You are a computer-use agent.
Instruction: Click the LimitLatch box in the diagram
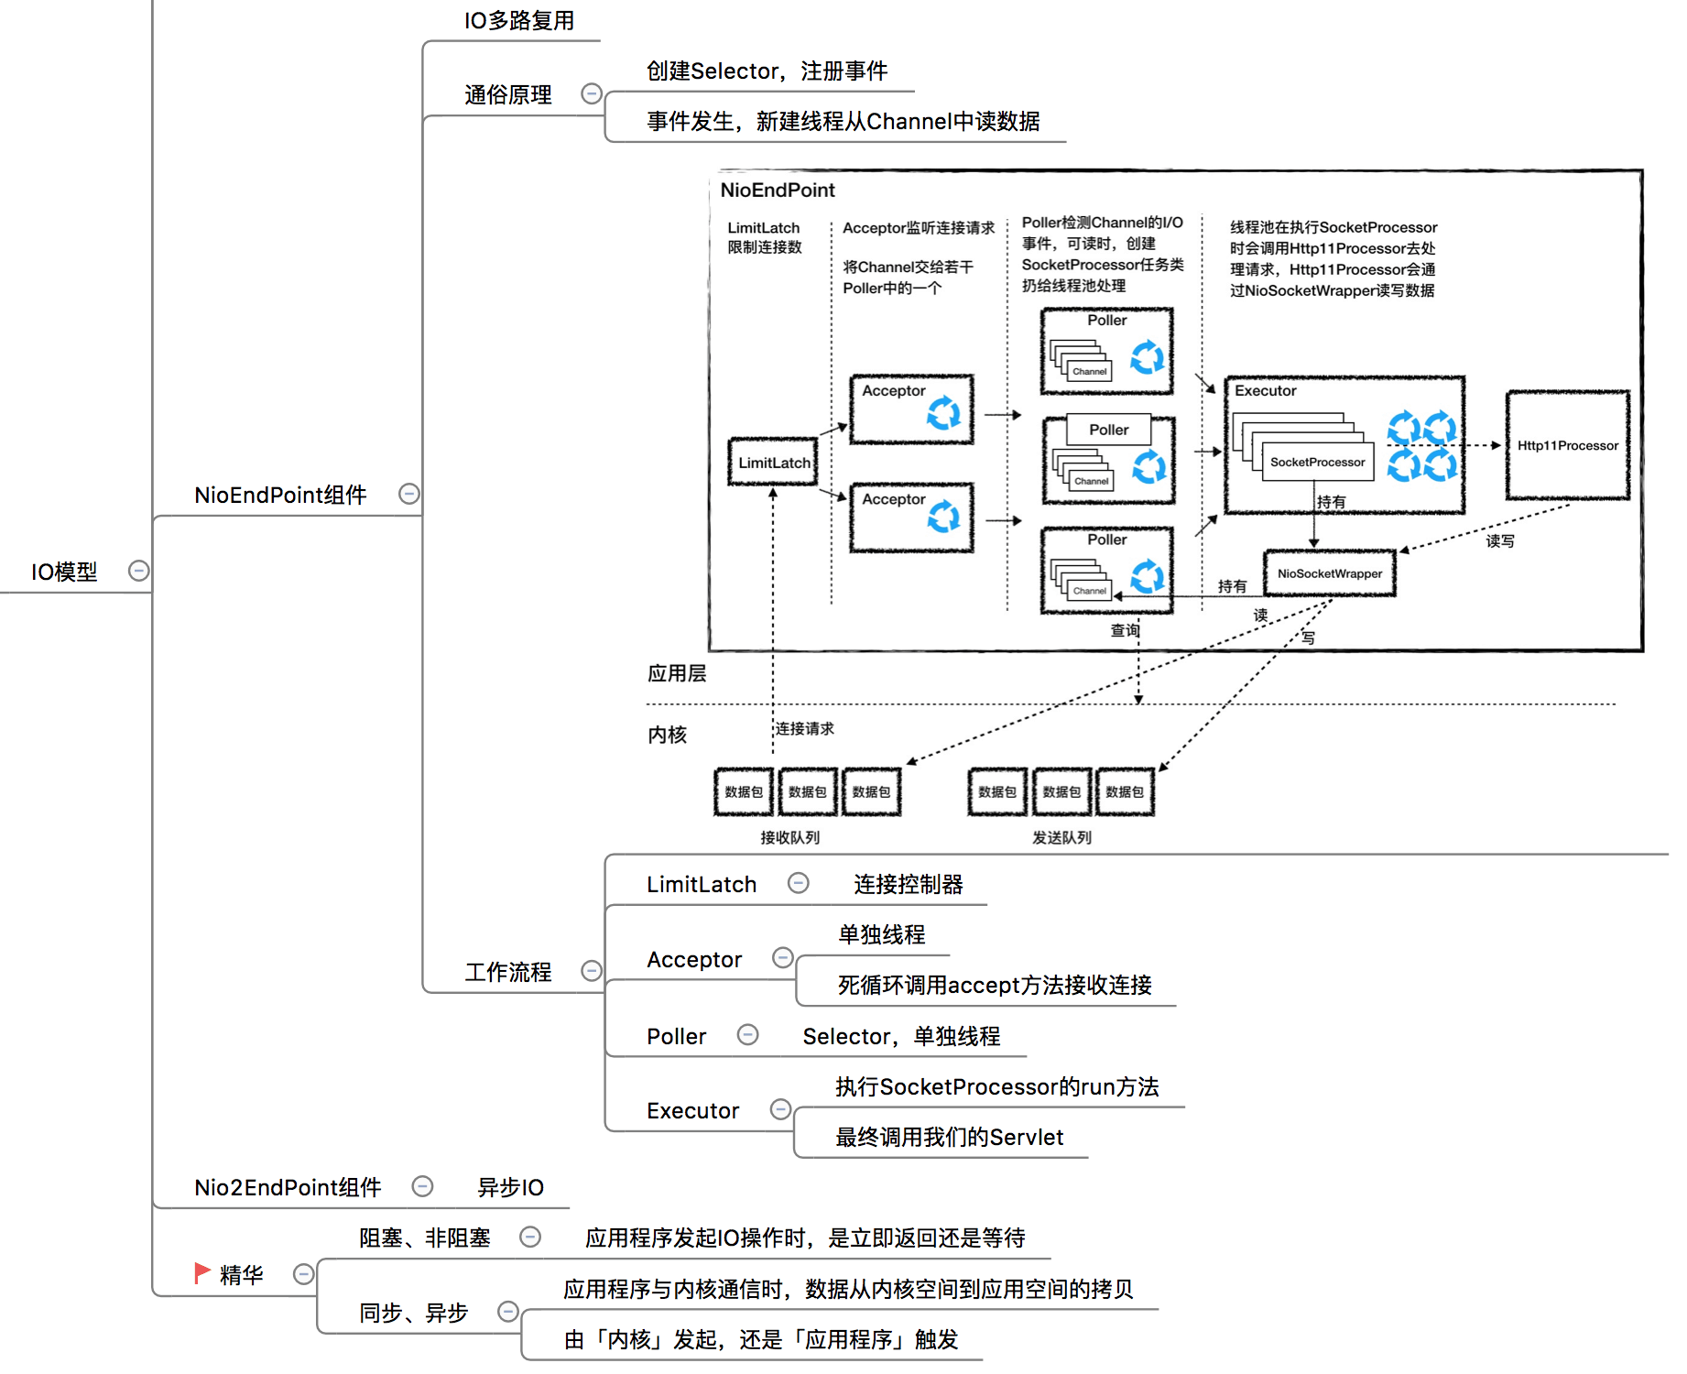(773, 462)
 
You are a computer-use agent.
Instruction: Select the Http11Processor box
(1567, 445)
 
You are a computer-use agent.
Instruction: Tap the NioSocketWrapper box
(1329, 573)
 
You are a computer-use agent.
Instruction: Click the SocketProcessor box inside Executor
(1317, 462)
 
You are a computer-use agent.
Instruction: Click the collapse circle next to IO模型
(138, 571)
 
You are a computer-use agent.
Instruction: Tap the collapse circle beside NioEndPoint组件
(409, 494)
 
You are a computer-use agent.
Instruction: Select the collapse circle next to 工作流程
(592, 970)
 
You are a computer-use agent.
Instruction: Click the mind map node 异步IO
(510, 1187)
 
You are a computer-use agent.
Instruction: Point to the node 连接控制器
(908, 884)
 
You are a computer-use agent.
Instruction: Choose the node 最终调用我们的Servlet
(949, 1137)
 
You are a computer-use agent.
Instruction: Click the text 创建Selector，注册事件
(767, 71)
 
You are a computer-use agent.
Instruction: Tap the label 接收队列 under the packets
(789, 837)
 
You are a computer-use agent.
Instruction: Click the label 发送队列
(1061, 837)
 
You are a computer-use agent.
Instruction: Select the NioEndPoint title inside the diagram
(777, 190)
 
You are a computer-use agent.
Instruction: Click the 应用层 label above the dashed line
(677, 673)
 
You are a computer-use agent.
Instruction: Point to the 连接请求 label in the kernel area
(804, 728)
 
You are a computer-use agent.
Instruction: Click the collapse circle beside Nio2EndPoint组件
(422, 1186)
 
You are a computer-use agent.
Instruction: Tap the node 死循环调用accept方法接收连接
(994, 985)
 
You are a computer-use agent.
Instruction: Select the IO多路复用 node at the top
(518, 20)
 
